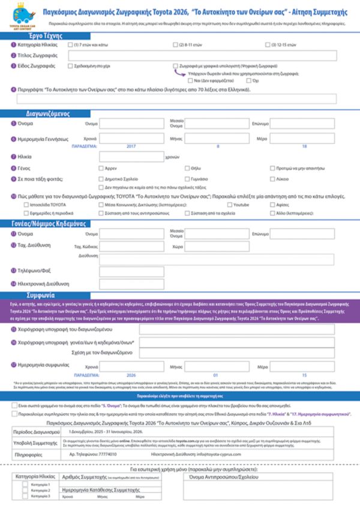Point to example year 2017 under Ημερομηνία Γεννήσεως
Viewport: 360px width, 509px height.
pyautogui.click(x=131, y=146)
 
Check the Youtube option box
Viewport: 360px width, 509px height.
pyautogui.click(x=229, y=205)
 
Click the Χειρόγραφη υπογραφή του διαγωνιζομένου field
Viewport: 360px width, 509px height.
pyautogui.click(x=237, y=330)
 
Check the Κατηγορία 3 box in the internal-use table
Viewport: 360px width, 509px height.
pyautogui.click(x=25, y=496)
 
